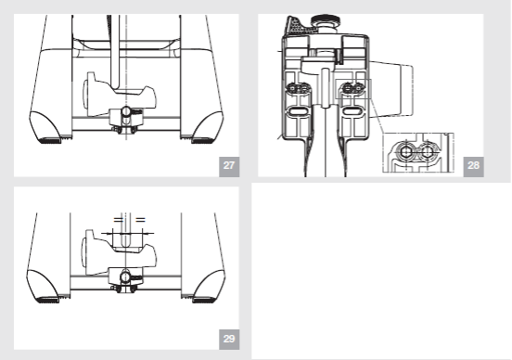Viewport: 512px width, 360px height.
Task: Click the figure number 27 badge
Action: pyautogui.click(x=229, y=167)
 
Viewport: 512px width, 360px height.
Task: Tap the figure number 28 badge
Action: pyautogui.click(x=473, y=167)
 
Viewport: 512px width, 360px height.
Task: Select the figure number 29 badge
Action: pyautogui.click(x=229, y=340)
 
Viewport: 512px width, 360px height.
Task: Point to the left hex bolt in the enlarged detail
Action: pyautogui.click(x=405, y=152)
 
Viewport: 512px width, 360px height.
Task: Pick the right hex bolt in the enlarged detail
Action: pyautogui.click(x=427, y=152)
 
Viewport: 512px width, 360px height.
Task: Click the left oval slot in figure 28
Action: pyautogui.click(x=297, y=111)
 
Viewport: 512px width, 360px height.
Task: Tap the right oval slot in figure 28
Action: pyautogui.click(x=352, y=111)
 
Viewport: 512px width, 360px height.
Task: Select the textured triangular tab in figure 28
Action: pyautogui.click(x=298, y=25)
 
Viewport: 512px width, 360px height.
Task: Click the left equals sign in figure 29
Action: pyautogui.click(x=118, y=220)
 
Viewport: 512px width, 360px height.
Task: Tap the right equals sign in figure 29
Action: pyautogui.click(x=140, y=220)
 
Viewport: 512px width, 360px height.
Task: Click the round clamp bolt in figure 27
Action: pyautogui.click(x=126, y=112)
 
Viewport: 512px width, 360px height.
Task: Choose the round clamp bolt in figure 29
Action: pyautogui.click(x=125, y=277)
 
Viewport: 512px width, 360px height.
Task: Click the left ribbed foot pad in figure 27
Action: pyautogui.click(x=50, y=140)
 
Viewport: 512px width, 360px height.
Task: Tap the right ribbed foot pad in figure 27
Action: pyautogui.click(x=202, y=140)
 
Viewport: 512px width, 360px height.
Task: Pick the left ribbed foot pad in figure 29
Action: pyautogui.click(x=48, y=300)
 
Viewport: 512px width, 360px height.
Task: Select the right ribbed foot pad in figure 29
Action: pyautogui.click(x=204, y=300)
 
